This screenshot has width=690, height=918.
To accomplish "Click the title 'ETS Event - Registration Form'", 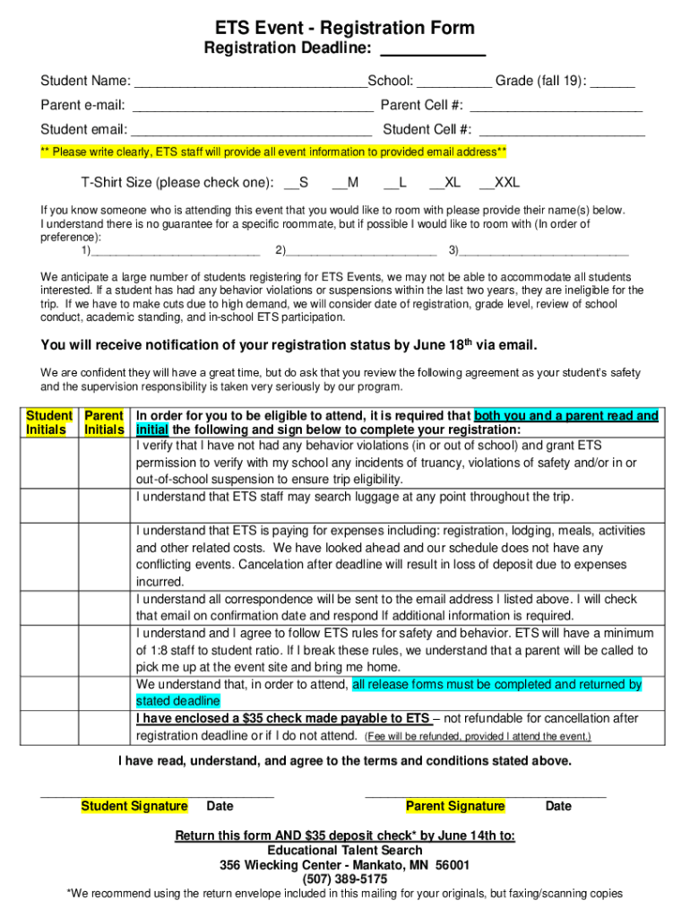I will click(345, 28).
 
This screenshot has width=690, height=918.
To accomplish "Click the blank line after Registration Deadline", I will click(433, 51).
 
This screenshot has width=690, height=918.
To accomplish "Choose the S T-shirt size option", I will click(290, 184).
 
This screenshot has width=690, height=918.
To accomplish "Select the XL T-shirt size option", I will click(436, 184).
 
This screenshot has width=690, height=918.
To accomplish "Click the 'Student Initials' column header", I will click(48, 423).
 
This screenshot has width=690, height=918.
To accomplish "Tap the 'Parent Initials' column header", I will click(103, 423).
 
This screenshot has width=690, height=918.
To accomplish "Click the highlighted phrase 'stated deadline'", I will click(177, 701).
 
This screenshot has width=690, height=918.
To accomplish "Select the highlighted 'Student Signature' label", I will click(134, 806).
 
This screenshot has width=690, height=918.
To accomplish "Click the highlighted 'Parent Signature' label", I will click(455, 806).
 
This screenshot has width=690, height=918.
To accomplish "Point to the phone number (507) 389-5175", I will click(345, 879).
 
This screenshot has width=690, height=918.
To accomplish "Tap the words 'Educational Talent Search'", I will click(345, 850).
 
